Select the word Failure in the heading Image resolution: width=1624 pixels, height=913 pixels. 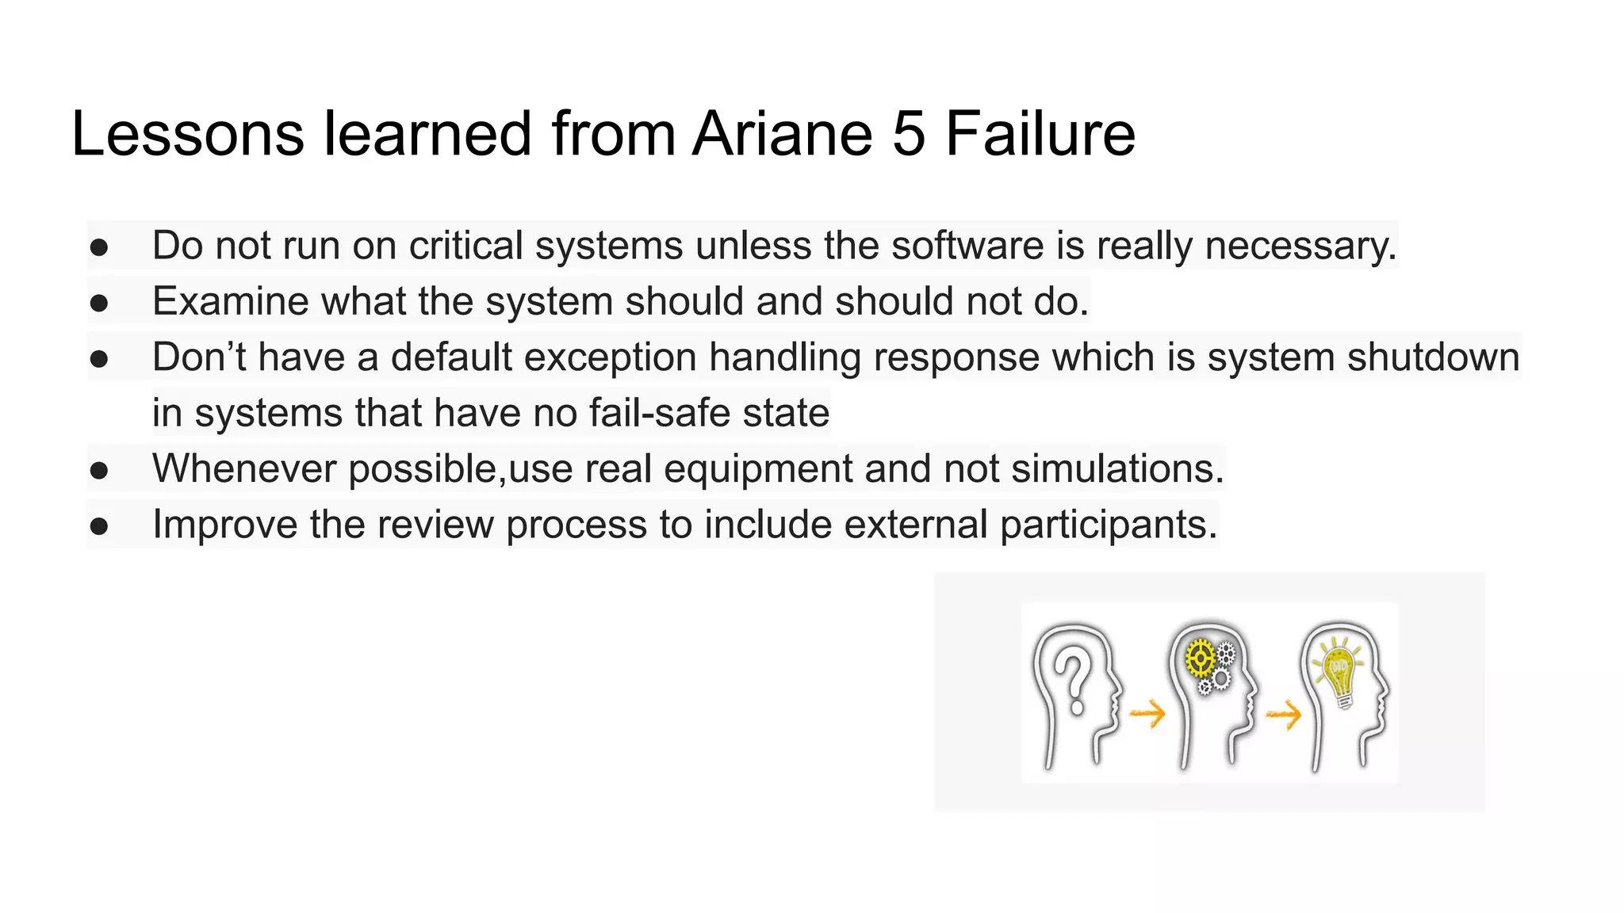click(1040, 133)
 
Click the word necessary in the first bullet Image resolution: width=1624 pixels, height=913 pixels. click(1300, 246)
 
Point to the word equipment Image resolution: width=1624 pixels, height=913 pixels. click(757, 468)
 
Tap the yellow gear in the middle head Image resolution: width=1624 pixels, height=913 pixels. click(1200, 659)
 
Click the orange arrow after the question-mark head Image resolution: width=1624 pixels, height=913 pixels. click(1147, 713)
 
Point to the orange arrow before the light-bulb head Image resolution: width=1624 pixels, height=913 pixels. click(1284, 716)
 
